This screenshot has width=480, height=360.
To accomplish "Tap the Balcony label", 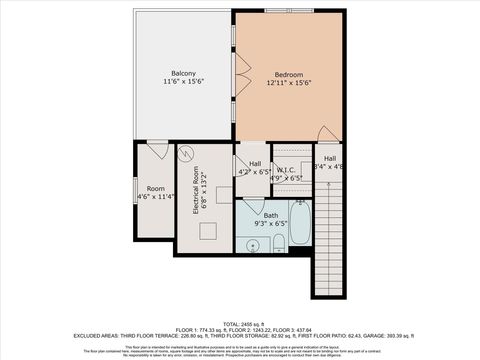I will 183,73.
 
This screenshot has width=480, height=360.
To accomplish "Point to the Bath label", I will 271,215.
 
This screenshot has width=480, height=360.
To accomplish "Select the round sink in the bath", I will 248,243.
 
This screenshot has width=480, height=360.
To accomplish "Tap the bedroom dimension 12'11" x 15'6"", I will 289,83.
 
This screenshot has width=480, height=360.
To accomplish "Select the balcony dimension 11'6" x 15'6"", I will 183,83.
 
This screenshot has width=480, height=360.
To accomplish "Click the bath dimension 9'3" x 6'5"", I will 271,224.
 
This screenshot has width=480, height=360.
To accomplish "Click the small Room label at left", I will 155,188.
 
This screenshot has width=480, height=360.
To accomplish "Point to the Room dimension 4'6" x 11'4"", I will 155,197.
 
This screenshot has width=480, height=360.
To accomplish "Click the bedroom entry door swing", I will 327,134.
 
